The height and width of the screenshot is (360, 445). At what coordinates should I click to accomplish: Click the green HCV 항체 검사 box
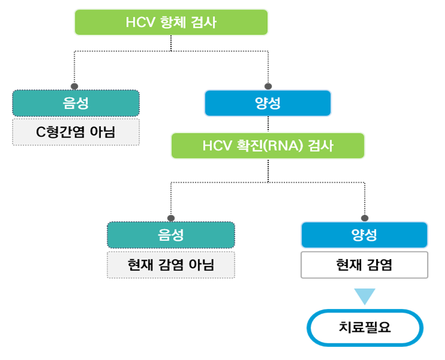pos(171,22)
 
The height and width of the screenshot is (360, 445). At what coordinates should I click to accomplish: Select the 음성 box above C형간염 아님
pos(76,103)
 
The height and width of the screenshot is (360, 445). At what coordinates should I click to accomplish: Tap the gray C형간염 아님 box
pos(76,132)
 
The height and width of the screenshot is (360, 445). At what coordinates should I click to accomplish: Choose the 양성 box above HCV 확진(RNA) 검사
pos(268,103)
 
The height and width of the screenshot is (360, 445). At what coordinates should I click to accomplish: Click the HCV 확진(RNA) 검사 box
pos(268,146)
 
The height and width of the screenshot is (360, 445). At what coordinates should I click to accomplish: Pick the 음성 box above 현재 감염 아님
pos(171,234)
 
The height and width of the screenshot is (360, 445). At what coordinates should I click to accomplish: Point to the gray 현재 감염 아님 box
pos(171,264)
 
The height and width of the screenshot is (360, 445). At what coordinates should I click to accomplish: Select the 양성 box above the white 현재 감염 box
pos(364,234)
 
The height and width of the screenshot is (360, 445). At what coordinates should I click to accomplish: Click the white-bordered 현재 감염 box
pos(364,264)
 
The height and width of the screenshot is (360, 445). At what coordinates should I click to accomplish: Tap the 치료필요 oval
pos(365,328)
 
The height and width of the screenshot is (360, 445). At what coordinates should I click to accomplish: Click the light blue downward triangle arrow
pos(365,296)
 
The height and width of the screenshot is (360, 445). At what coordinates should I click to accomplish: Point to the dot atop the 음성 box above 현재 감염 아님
pos(170,218)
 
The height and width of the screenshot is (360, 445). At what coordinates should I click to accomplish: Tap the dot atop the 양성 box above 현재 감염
pos(365,218)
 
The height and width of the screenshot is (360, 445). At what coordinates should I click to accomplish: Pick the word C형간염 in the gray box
pos(60,132)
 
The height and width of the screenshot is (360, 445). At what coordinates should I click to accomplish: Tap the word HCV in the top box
pos(139,22)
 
